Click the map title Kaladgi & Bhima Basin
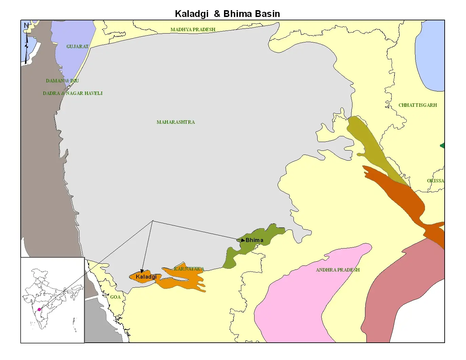[x=227, y=14]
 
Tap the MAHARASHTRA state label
[x=176, y=122]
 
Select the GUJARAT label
[x=77, y=46]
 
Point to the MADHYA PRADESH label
[x=193, y=29]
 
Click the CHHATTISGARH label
[x=418, y=105]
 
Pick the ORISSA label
[x=435, y=181]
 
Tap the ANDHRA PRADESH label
[x=338, y=270]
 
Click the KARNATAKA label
[x=189, y=269]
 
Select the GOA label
[x=115, y=297]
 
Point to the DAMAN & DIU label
[x=62, y=81]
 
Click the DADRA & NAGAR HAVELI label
[x=73, y=93]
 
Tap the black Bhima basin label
[x=255, y=240]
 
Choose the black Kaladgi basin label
[x=146, y=277]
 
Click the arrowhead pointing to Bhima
[x=243, y=240]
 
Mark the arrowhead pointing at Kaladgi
[x=142, y=271]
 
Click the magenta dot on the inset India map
[x=39, y=309]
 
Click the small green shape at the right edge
[x=442, y=145]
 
